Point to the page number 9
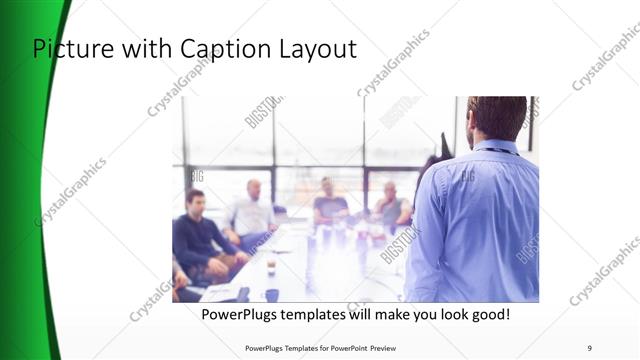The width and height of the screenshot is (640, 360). (x=589, y=348)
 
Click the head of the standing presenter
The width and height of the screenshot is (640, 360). (x=496, y=118)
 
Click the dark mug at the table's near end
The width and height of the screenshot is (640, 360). (x=272, y=295)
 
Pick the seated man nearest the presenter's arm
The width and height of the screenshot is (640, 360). (x=391, y=209)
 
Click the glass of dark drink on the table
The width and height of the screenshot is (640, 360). (x=271, y=266)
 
